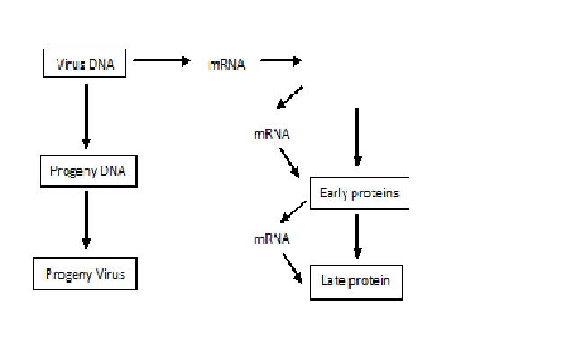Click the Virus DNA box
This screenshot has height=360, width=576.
point(85,64)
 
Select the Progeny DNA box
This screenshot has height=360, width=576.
point(87,171)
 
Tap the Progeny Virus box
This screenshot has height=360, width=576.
point(85,274)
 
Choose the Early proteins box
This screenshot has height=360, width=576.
point(359,193)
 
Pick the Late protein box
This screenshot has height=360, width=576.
point(355,281)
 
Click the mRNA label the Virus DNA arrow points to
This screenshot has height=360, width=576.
point(226,65)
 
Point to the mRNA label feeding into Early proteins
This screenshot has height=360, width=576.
point(271,134)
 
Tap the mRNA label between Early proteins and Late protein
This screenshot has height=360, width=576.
point(271,238)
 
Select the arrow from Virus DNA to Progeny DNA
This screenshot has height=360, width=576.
point(86,114)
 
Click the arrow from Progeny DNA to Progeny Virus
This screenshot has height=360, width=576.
point(86,219)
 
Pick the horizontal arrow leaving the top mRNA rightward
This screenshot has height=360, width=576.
point(280,62)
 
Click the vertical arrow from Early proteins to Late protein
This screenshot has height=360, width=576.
point(357,237)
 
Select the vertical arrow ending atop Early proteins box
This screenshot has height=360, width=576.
point(357,138)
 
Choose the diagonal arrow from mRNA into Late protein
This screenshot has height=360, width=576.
point(292,267)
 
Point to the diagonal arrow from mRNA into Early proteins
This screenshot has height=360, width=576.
point(292,162)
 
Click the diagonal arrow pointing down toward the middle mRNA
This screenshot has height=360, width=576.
point(290,95)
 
